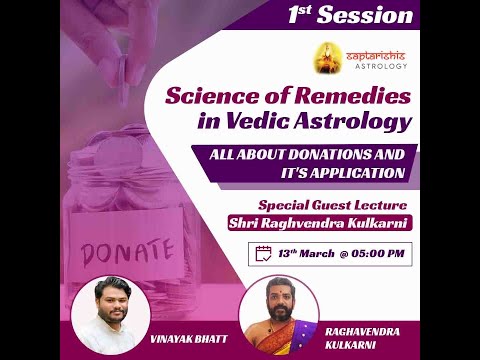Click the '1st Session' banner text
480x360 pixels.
click(350, 15)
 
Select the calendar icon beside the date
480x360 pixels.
click(264, 253)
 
